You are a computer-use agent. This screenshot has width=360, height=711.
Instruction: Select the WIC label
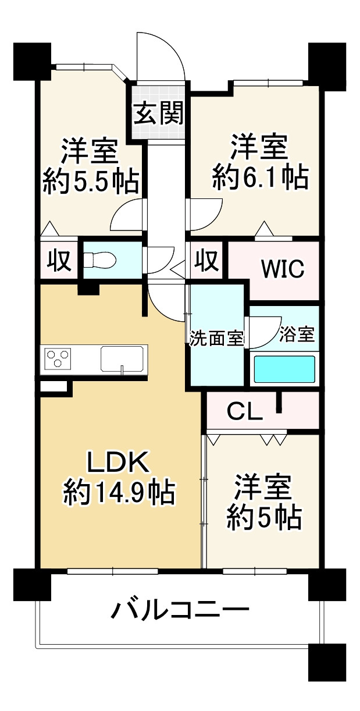[x=282, y=269]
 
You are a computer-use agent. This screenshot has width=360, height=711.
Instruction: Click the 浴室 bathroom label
[x=297, y=335]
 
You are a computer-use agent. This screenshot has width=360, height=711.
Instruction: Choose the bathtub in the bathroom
[x=284, y=368]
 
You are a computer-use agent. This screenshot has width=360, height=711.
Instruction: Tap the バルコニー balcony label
[x=180, y=611]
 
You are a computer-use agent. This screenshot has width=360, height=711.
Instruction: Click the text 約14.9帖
[x=119, y=493]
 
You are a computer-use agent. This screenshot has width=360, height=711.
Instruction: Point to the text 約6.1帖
[x=260, y=177]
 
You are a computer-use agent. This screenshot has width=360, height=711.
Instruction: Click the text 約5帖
[x=263, y=517]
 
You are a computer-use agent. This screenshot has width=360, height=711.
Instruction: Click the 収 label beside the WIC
[x=206, y=259]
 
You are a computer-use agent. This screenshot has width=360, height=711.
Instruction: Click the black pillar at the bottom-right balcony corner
[x=327, y=662]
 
